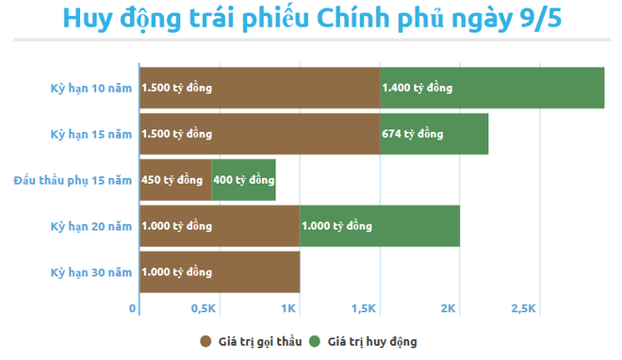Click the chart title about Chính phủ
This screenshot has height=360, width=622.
tap(311, 21)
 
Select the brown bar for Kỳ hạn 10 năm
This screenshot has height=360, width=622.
tap(259, 89)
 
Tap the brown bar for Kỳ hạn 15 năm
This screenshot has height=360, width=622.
tap(259, 134)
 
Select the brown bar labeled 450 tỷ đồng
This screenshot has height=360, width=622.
tap(175, 180)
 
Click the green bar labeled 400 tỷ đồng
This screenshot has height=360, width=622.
tap(243, 180)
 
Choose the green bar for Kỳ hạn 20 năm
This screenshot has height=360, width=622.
tap(380, 226)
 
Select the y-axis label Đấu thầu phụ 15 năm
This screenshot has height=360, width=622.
tap(73, 180)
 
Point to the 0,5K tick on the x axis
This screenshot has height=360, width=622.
tap(205, 309)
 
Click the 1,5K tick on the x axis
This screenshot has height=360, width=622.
tap(364, 309)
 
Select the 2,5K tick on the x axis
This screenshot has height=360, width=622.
tap(523, 309)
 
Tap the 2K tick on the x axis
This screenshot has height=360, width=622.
tap(449, 309)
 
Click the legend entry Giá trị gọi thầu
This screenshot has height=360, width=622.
tap(251, 340)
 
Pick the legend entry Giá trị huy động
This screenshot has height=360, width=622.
tap(366, 340)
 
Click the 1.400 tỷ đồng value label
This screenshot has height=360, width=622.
tap(417, 89)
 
